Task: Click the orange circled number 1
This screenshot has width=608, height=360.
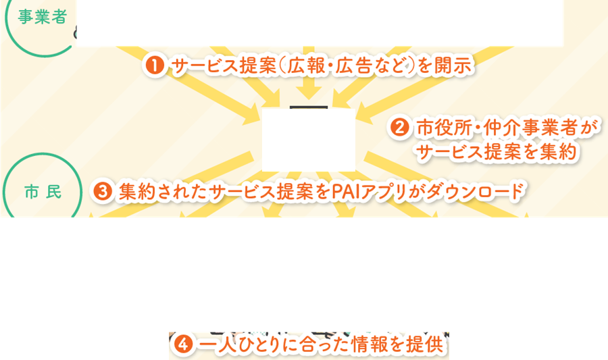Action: click(x=154, y=66)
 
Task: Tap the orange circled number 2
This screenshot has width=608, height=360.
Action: click(x=400, y=128)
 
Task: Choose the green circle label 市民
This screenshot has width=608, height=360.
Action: click(x=43, y=192)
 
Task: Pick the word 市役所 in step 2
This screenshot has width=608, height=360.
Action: click(x=441, y=128)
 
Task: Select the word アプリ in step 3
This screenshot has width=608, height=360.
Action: click(x=386, y=192)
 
